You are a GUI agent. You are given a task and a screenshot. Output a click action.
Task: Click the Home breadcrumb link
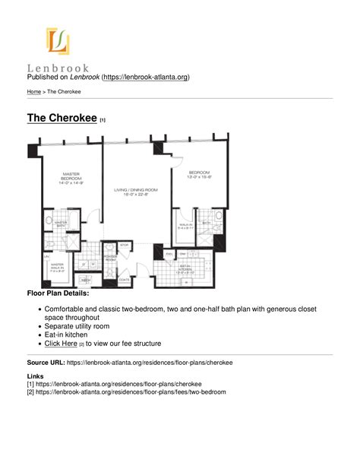tap(33, 92)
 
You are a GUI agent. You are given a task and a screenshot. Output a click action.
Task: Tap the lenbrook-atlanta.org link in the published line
tap(146, 78)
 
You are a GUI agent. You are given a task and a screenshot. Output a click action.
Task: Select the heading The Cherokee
tap(62, 118)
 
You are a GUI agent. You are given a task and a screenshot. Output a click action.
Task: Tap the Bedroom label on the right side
tap(200, 174)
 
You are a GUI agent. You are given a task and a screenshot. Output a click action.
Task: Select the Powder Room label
tap(111, 257)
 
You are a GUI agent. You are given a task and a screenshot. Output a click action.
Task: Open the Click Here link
tap(61, 344)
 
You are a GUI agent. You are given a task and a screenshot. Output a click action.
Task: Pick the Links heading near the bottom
tap(35, 376)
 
